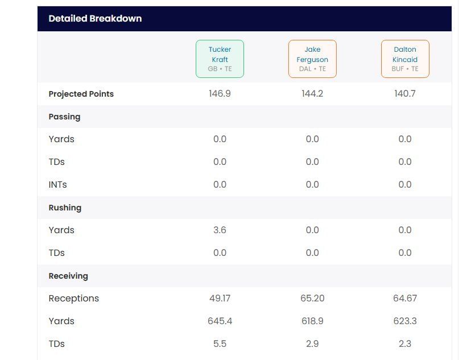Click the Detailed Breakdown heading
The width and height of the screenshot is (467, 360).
point(95,18)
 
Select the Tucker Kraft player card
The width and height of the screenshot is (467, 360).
point(220,59)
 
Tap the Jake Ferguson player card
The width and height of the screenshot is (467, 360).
point(312,59)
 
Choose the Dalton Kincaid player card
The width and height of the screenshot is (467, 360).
point(405,59)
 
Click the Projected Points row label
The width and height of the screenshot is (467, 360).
point(81,94)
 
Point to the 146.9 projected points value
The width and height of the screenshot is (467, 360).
point(220,93)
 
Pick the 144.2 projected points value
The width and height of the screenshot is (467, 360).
point(312,93)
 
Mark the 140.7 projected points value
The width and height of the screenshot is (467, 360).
point(405,93)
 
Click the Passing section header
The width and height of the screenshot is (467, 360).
point(64,117)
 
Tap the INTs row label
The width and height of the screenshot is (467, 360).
point(57,184)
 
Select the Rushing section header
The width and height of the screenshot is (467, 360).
point(65,208)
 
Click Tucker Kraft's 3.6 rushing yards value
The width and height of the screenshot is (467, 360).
point(220,230)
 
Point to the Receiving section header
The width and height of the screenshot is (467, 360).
point(68,276)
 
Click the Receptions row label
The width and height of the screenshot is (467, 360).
point(73,298)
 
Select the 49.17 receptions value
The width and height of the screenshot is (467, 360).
point(220,298)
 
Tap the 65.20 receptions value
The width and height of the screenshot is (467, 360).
point(312,298)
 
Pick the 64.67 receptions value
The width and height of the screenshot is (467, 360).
point(405,298)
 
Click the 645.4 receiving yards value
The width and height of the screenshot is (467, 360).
point(220,321)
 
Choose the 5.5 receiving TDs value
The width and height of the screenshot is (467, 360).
point(220,344)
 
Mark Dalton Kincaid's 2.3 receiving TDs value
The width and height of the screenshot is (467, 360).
point(405,344)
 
